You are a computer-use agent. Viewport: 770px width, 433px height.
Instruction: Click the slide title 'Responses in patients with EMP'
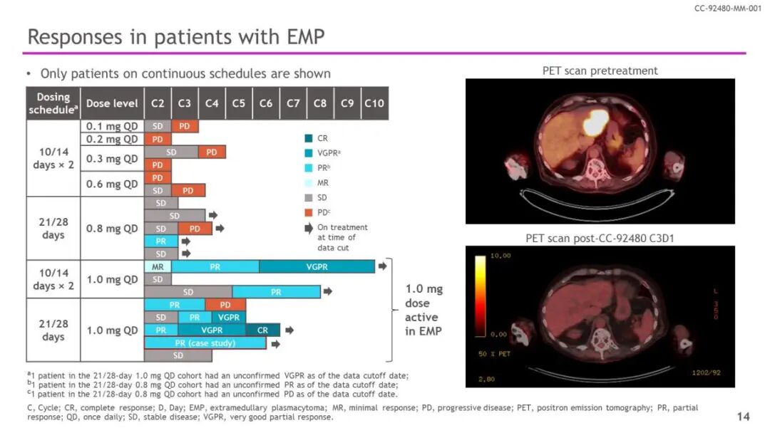(175, 36)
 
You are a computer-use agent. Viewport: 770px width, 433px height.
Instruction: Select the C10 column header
(374, 103)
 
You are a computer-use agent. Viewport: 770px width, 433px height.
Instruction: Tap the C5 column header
(238, 103)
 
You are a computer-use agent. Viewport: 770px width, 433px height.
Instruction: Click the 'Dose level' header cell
(112, 103)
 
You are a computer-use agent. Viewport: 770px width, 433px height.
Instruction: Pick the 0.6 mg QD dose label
(112, 184)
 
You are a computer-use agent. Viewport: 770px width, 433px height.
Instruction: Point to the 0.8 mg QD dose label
(112, 229)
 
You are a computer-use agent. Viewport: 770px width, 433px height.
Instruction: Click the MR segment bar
(158, 266)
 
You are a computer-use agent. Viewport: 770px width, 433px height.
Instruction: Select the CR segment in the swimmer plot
(262, 330)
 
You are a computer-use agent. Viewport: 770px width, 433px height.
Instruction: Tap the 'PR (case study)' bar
(205, 343)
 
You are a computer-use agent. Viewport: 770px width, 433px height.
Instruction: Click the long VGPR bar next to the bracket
(317, 266)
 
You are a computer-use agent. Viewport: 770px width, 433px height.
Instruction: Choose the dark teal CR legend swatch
(308, 139)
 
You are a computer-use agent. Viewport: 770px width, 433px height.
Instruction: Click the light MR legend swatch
(308, 183)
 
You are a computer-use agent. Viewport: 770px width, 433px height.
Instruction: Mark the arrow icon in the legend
(308, 228)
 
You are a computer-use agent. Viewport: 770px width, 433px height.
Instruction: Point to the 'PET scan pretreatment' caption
(600, 71)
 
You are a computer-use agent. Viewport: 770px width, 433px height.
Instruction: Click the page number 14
(743, 416)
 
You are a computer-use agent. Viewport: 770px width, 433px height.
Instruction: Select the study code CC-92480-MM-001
(727, 9)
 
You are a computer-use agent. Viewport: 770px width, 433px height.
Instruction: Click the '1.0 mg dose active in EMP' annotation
(423, 310)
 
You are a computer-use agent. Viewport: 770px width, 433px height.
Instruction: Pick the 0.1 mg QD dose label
(112, 126)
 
